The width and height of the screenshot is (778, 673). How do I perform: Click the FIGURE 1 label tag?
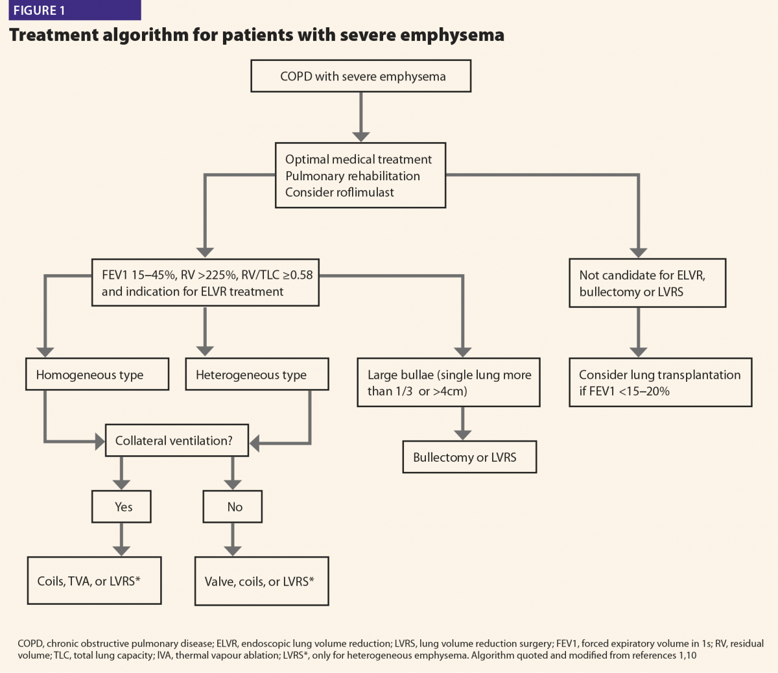click(x=75, y=10)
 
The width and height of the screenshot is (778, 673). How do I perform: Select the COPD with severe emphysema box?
click(x=361, y=76)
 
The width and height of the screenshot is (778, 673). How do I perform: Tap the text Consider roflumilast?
click(x=339, y=193)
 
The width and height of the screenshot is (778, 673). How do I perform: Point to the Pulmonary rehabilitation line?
click(x=352, y=176)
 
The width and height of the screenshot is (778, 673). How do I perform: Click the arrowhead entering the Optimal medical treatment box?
click(x=361, y=137)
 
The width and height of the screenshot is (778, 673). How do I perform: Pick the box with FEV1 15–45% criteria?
click(x=206, y=283)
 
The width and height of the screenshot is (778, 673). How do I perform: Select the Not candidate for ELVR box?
click(x=648, y=283)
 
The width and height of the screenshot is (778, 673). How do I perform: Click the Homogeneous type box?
click(x=97, y=374)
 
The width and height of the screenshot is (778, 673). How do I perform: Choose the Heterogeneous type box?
click(x=257, y=374)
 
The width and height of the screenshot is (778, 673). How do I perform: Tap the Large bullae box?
click(x=449, y=383)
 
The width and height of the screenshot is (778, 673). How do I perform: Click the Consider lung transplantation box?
click(x=661, y=383)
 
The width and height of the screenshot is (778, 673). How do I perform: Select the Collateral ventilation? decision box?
click(x=177, y=440)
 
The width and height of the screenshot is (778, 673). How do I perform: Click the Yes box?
click(x=122, y=506)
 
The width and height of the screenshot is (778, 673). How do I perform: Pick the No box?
click(x=233, y=506)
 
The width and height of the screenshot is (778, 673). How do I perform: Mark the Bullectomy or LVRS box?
click(x=470, y=457)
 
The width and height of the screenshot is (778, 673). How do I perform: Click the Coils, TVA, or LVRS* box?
click(x=95, y=581)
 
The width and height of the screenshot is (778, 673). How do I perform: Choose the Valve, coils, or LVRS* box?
click(x=261, y=581)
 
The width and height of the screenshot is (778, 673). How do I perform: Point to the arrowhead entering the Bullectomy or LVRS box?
click(x=462, y=435)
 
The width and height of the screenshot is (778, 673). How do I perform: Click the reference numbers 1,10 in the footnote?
click(x=688, y=655)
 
